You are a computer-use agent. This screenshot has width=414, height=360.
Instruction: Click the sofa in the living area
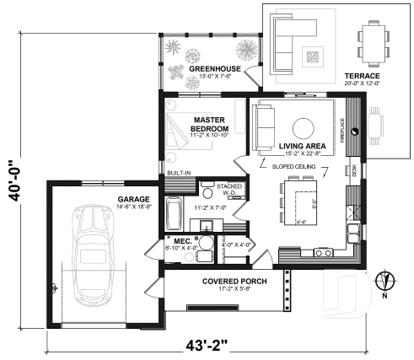pyautogui.click(x=264, y=125)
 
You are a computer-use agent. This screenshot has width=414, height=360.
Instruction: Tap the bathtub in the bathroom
pyautogui.click(x=173, y=214)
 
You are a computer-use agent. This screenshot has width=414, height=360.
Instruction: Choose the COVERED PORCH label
pyautogui.click(x=234, y=281)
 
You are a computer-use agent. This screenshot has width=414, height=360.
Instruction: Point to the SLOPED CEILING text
pyautogui.click(x=293, y=167)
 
